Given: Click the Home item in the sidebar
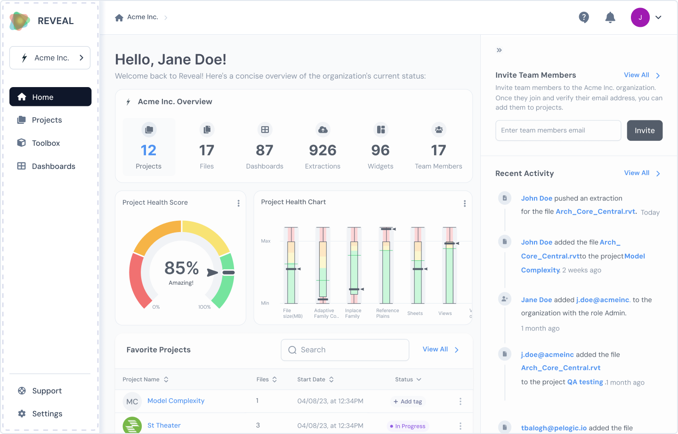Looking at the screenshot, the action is (x=50, y=97).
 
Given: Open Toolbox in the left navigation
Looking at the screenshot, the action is (x=46, y=143).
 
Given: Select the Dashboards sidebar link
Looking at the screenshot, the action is (x=53, y=166).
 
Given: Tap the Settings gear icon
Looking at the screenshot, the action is (x=22, y=413).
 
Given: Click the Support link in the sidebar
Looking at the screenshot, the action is (x=47, y=391).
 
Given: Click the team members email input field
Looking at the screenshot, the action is (x=558, y=130).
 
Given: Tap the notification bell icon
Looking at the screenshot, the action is (x=610, y=17).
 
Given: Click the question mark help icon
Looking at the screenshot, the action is (x=583, y=17).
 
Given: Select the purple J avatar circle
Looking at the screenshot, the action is (x=640, y=17).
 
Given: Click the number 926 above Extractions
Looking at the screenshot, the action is (x=323, y=151).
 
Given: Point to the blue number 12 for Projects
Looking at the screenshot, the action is (x=148, y=151).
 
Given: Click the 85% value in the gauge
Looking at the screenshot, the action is (x=182, y=268).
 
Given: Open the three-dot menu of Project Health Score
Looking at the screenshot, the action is (x=239, y=203).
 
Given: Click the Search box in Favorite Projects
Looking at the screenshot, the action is (x=345, y=350).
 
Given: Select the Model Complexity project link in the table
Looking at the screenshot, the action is (x=176, y=401).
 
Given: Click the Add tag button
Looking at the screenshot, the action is (x=408, y=402).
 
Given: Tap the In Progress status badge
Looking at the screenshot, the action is (x=408, y=426).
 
